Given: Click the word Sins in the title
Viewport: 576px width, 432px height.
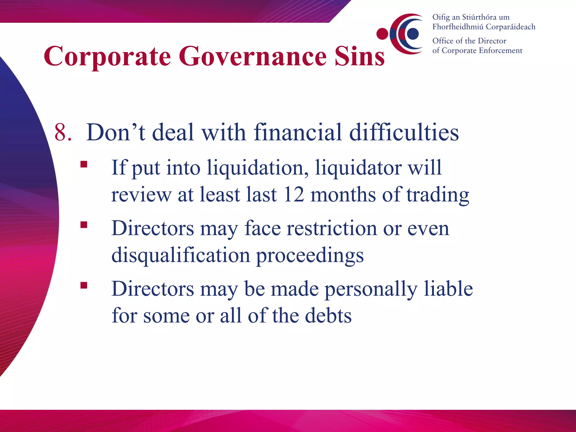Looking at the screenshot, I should pos(360,56).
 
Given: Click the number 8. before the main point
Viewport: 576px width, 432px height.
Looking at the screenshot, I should pos(63,132).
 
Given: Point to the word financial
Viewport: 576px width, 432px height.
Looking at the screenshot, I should pos(298,132).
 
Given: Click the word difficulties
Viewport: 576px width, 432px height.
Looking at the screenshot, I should pos(404,132).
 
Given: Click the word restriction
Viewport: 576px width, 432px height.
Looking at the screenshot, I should pos(332,228).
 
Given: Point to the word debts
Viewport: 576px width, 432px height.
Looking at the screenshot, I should pos(328,316).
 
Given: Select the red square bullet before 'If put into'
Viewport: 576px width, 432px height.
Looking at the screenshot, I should pos(84,164).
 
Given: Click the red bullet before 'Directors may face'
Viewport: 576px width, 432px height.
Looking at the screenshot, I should pos(84,225).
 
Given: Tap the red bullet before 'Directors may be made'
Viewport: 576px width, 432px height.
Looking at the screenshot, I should pos(84,285).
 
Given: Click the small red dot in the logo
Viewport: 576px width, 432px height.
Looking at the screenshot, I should pos(382,34).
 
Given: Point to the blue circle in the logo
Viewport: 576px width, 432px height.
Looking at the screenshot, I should pos(413,33).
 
